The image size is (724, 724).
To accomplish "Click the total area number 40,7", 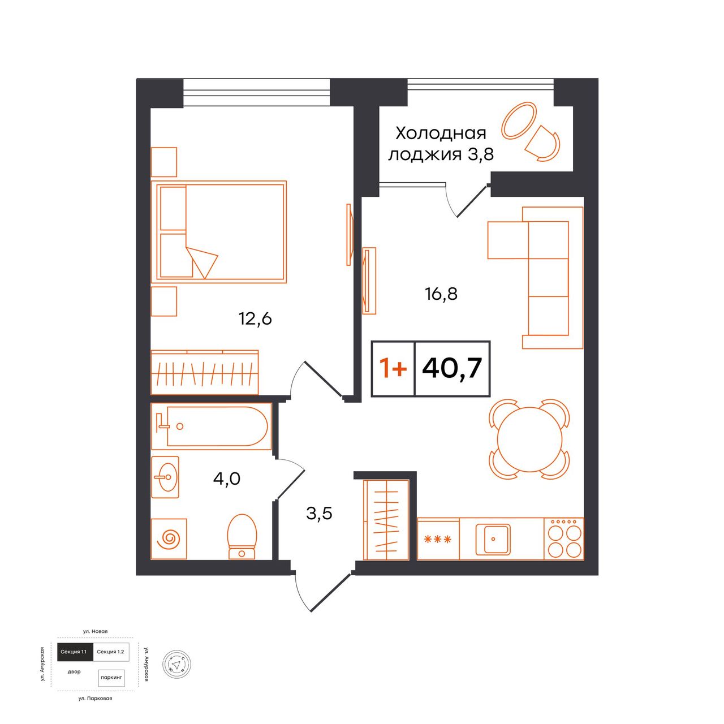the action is click(x=452, y=369).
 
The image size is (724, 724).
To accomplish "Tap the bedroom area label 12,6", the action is click(x=255, y=319).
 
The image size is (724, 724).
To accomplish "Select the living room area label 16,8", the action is click(x=441, y=294).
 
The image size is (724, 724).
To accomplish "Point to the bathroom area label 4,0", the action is click(x=227, y=479).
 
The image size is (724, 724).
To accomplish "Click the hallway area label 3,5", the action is click(x=319, y=514).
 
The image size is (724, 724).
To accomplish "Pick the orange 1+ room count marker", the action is click(x=393, y=368).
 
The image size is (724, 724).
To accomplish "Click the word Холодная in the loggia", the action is click(x=441, y=133).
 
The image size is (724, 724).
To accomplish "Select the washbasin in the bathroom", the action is click(x=165, y=477).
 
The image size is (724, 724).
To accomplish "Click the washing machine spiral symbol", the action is click(x=169, y=539).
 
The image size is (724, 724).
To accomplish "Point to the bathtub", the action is click(x=211, y=426).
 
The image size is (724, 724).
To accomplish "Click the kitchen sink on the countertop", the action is click(x=493, y=540).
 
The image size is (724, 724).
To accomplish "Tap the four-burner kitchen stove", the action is click(x=564, y=538).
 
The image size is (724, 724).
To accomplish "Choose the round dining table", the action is click(x=529, y=439).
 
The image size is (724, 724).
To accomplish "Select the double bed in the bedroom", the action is click(x=219, y=232).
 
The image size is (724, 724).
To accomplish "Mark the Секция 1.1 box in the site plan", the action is click(x=74, y=652).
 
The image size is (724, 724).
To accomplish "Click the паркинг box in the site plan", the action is click(x=111, y=677).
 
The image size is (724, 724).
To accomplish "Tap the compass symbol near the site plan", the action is click(x=176, y=665).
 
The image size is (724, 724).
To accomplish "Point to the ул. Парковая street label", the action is click(x=96, y=699).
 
